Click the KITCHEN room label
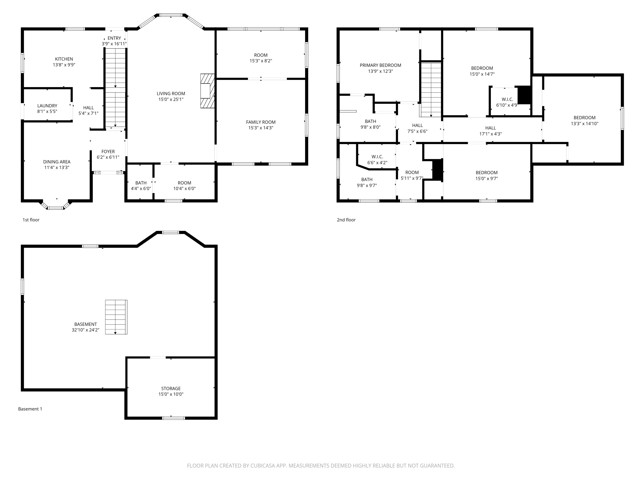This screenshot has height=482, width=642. pos(64,59)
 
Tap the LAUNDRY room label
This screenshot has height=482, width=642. pos(47,106)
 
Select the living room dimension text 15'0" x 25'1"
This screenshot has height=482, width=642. pos(171,99)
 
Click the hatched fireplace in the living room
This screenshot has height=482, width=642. pos(208,91)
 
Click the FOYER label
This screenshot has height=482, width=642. pos(108,152)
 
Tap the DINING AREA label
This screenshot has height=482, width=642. pos(57,162)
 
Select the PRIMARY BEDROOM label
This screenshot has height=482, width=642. pos(381,65)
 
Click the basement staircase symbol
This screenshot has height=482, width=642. pos(116,317)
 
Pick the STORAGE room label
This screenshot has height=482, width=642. pos(171,388)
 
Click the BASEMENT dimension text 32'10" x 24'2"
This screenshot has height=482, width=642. pos(86,330)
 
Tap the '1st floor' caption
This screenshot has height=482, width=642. pos(31,220)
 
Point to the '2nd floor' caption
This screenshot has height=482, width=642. pos(346,220)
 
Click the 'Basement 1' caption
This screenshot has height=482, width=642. pos(30,409)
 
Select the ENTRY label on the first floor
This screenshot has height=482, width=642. pos(114,38)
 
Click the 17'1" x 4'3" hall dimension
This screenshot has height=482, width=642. pos(490,134)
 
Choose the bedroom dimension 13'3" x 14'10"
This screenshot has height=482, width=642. pos(585,123)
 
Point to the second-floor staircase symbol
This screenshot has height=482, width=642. pos(431,89)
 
